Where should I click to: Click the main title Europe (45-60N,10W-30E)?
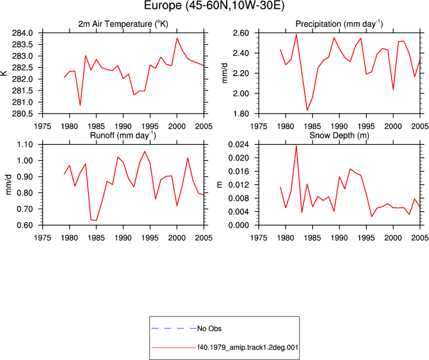214,5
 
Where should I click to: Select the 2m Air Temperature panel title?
123,24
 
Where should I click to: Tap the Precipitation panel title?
339,24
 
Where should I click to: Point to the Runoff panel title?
123,136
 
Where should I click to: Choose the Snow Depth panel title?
339,136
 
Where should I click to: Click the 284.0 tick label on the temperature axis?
23,33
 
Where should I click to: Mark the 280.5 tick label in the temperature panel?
23,114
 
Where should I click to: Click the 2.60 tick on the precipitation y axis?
241,33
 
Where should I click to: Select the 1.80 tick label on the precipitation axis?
241,114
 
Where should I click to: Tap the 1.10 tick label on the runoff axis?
25,145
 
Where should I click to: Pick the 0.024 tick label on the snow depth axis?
239,145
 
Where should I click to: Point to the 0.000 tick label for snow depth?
239,225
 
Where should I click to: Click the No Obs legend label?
209,328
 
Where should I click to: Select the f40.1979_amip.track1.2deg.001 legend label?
248,348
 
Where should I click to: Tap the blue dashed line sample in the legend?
174,328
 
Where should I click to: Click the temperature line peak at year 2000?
177,38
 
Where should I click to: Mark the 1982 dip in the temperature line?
80,105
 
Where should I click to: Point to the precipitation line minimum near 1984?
307,110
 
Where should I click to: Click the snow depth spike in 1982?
296,146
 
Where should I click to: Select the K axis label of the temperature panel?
4,73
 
